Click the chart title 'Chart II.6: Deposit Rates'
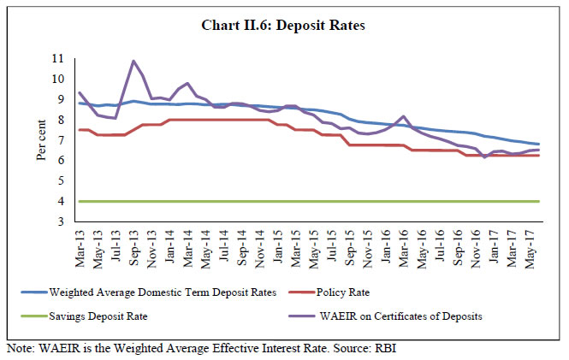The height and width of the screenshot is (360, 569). (284, 26)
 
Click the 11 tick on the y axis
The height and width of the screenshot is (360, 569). (58, 58)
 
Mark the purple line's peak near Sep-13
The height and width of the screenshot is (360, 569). (134, 61)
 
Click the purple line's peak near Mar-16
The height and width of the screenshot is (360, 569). (404, 116)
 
